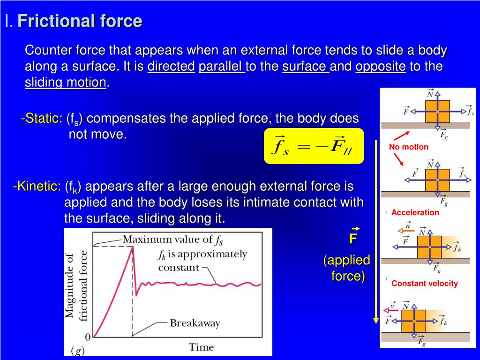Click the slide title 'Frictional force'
80,21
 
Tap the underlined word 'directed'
171,67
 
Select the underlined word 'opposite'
380,67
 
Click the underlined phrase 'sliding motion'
65,82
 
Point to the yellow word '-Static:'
41,119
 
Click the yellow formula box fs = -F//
314,146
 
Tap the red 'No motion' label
408,147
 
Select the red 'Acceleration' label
415,212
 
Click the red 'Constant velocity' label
424,284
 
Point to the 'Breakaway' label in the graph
195,323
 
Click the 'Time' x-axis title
201,347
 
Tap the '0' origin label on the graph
88,337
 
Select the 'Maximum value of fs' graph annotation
172,240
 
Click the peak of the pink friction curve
132,247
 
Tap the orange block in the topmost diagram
437,111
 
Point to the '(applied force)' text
347,268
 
